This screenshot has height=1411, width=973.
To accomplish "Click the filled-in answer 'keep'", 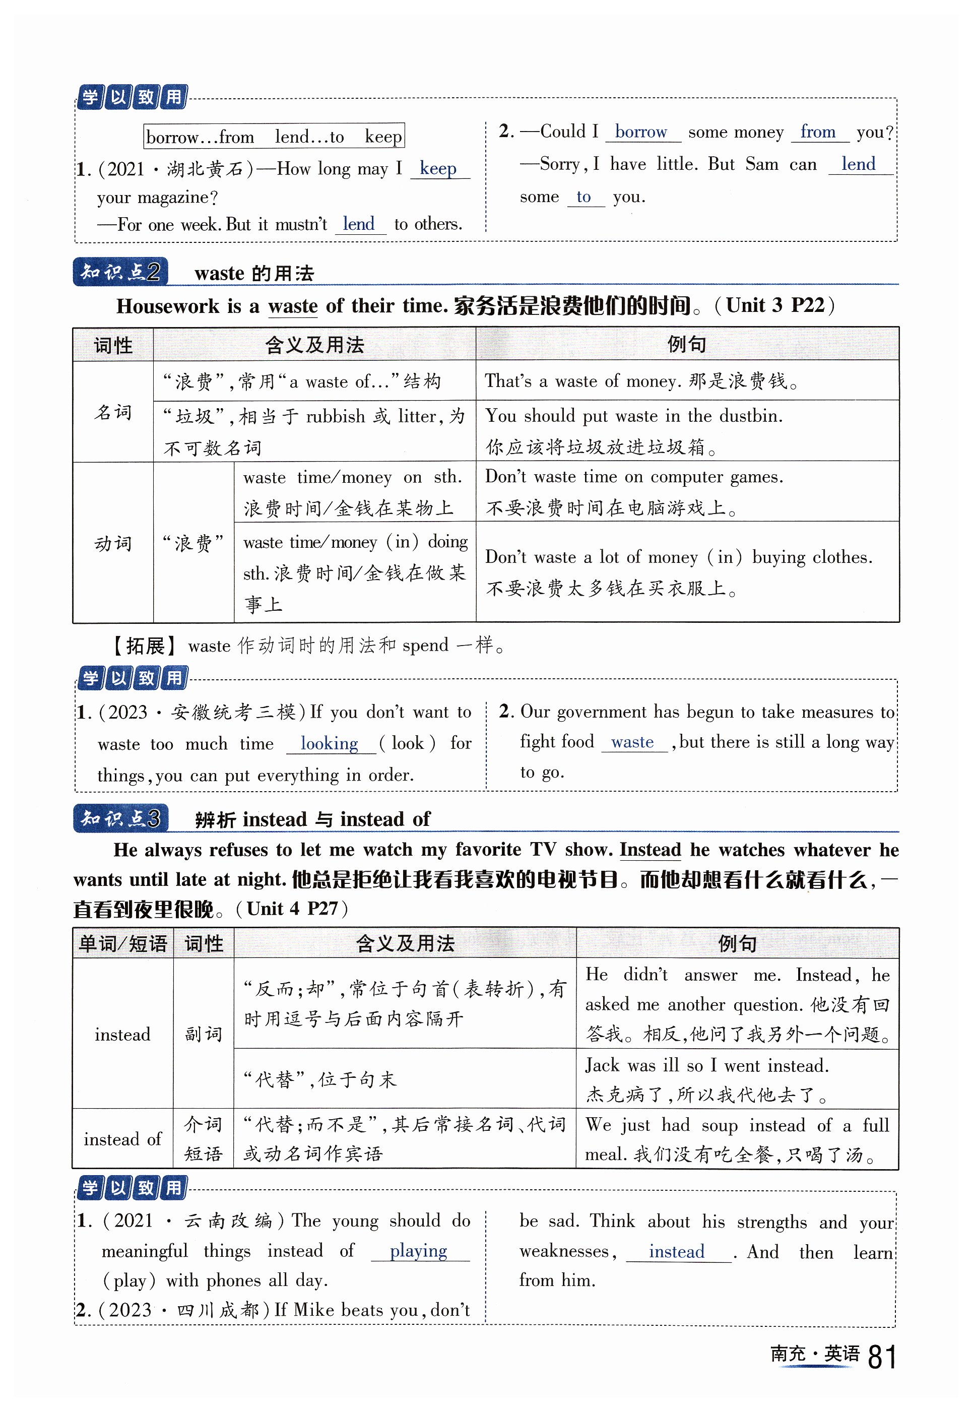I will point(438,168).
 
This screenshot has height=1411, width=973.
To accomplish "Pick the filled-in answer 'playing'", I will point(418,1250).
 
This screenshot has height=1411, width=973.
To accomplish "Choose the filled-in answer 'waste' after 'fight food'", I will point(632,742).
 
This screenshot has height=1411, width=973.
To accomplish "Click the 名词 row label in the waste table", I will point(113,412).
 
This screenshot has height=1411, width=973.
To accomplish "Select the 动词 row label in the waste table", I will point(113,543).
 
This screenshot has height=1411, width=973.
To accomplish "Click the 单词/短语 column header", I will point(122,944).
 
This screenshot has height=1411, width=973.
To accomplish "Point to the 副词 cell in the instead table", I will point(203,1034).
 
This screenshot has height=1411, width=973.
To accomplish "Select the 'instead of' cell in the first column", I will point(122,1139).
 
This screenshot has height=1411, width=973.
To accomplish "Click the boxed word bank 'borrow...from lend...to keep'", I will point(274,137).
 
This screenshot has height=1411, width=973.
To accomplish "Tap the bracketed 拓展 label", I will point(144,645).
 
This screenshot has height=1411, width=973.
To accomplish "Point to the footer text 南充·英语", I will point(814,1354).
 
